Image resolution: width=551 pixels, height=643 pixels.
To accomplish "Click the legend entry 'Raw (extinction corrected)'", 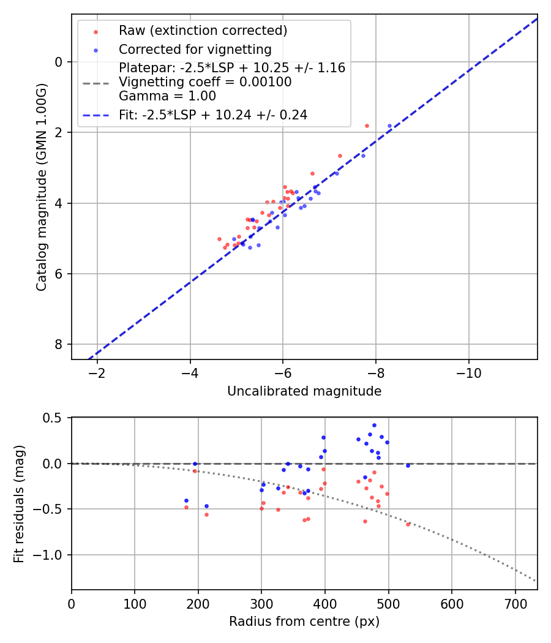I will (x=203, y=31).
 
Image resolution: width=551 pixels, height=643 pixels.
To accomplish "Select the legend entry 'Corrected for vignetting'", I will (x=195, y=49).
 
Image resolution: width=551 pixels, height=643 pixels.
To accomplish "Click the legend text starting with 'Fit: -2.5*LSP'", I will (x=213, y=115).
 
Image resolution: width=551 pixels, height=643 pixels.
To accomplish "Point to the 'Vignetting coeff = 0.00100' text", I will (x=205, y=82).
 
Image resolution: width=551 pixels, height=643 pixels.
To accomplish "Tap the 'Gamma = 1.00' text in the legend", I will (x=167, y=96).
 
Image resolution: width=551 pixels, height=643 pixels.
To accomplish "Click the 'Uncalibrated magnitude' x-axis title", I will (x=304, y=391).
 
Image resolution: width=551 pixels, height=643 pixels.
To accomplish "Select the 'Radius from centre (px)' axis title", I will (x=304, y=622).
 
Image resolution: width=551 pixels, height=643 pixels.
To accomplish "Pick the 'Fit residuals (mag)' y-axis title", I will (x=19, y=503).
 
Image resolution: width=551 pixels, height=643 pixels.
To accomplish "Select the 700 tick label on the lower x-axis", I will (x=515, y=603).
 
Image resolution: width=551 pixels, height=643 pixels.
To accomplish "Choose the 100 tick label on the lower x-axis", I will (x=135, y=603).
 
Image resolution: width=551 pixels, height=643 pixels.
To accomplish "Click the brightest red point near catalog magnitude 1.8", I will (x=367, y=126).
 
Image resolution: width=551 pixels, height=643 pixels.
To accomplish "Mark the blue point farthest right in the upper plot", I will (x=389, y=126).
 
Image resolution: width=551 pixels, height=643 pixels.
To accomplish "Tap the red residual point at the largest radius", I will (x=408, y=524).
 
